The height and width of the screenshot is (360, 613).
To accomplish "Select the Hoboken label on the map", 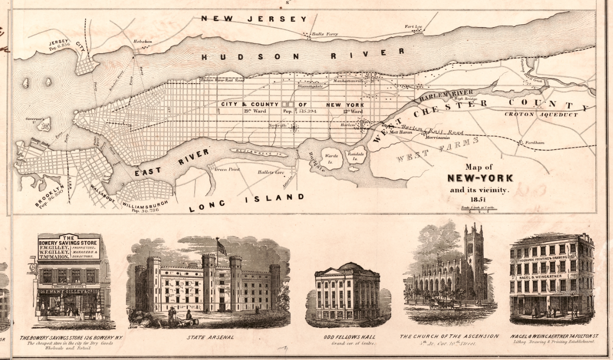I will (142, 42).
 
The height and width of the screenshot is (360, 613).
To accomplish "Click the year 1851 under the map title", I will (480, 200).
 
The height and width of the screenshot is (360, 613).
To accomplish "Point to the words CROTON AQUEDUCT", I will (541, 115).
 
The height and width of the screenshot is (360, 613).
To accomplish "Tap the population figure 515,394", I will (307, 111).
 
